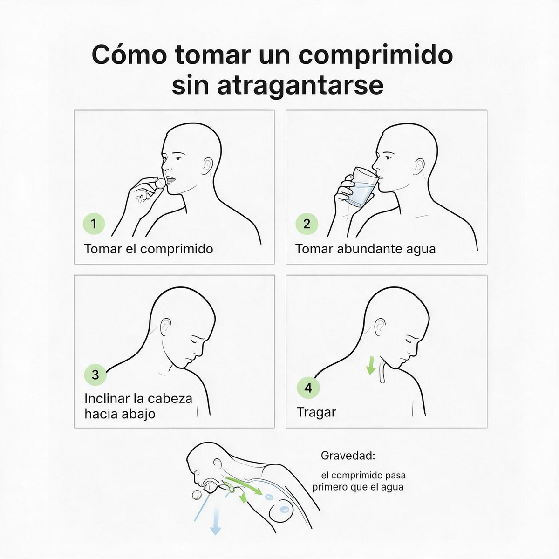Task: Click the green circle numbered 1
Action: point(94,224)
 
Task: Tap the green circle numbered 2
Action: point(307,224)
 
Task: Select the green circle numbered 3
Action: point(95,374)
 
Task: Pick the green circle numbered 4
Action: point(308,388)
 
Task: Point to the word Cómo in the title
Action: point(129,55)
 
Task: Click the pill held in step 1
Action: point(160,183)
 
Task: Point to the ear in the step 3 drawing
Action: point(166,325)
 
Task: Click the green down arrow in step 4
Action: point(370,366)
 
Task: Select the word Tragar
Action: point(316,412)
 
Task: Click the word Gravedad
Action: point(348,456)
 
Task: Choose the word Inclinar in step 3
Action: point(107,399)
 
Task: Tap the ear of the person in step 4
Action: point(380,326)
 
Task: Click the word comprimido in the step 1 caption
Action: point(177,249)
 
